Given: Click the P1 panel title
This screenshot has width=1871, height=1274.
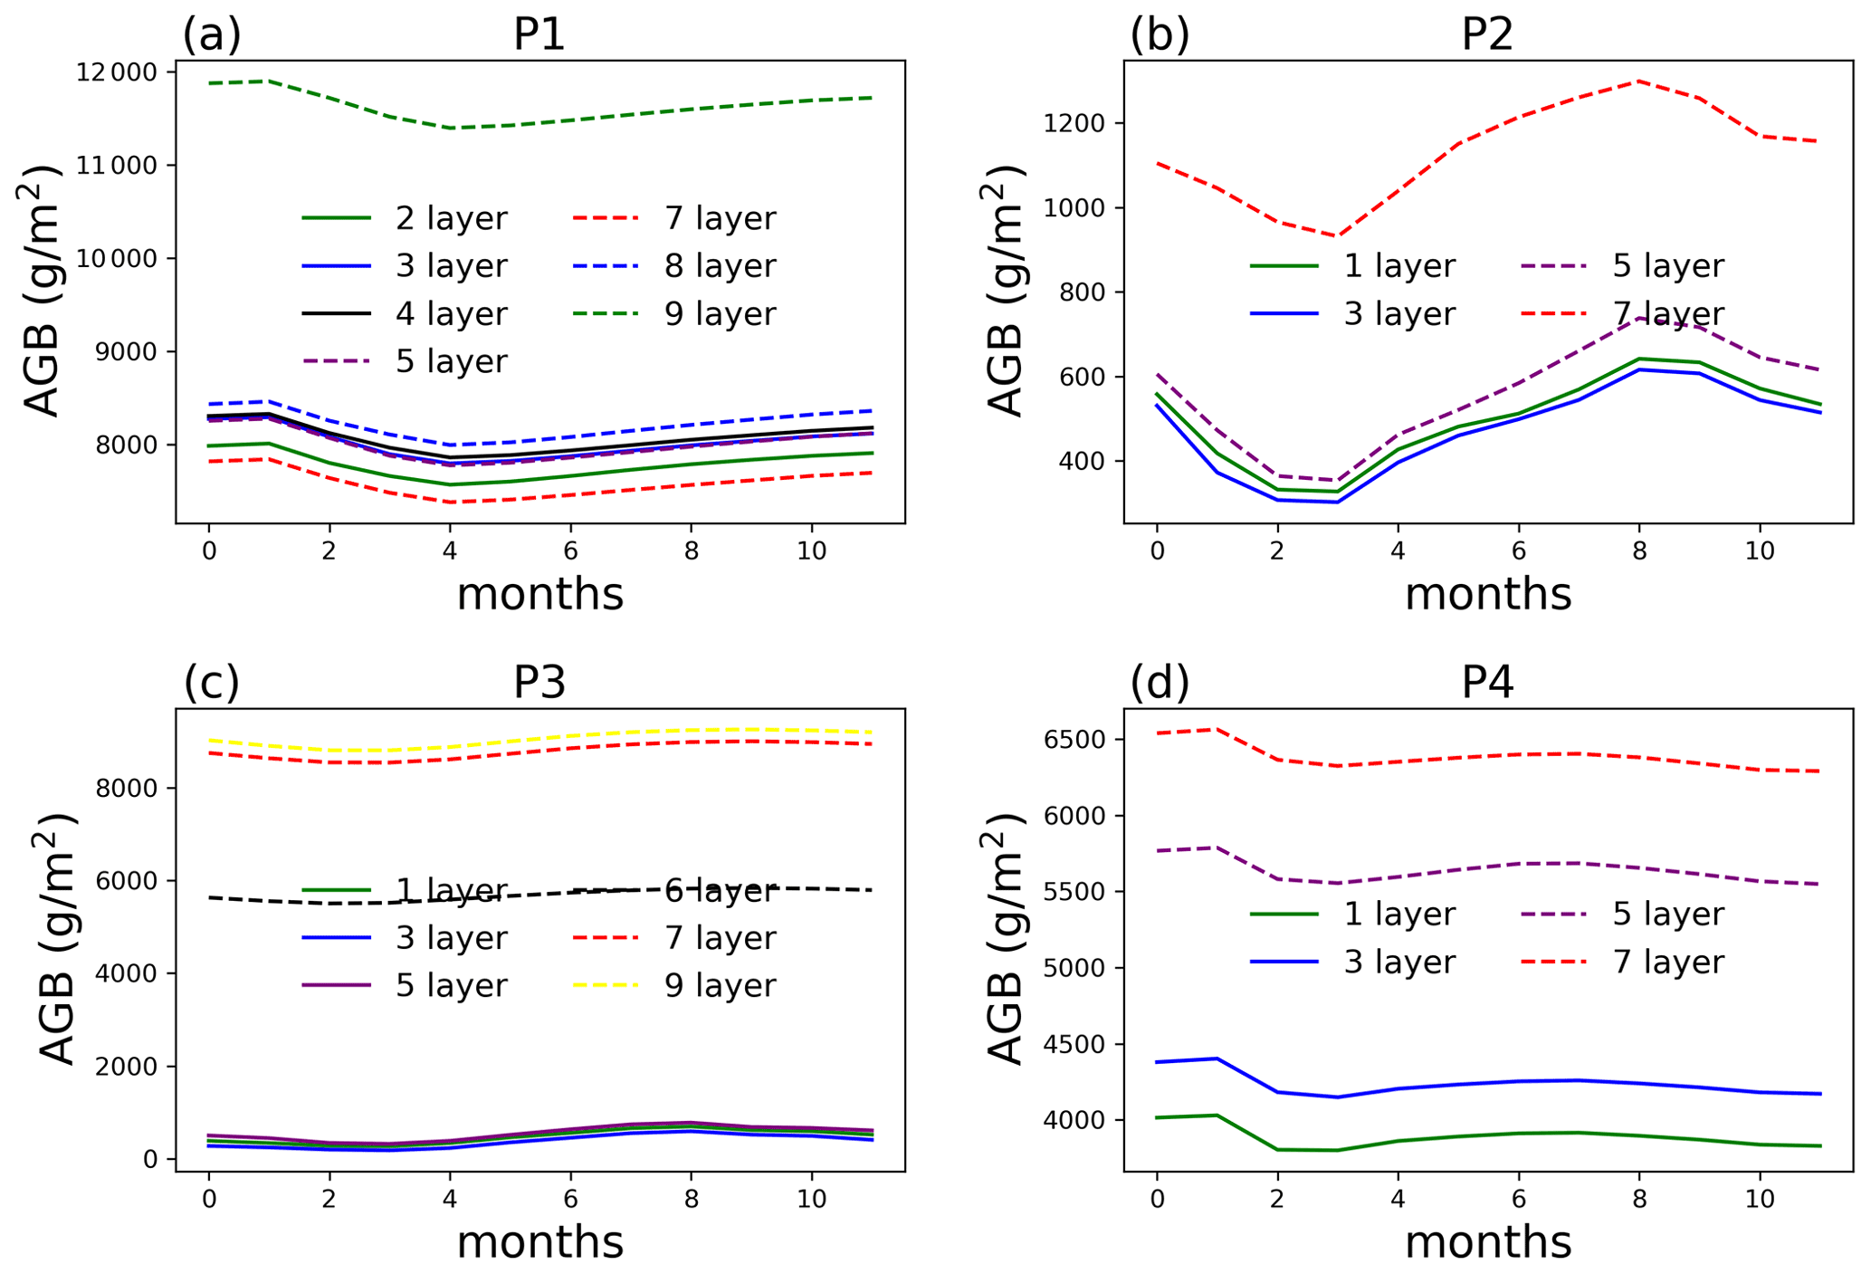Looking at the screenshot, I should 539,34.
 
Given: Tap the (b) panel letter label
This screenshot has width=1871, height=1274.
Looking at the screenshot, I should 1160,34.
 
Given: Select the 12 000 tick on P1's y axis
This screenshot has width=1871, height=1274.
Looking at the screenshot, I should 116,72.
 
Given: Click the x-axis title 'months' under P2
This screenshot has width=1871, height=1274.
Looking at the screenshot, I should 1488,595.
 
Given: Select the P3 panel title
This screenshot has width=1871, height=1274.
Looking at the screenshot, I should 539,683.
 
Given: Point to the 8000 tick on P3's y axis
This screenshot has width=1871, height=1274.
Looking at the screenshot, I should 125,789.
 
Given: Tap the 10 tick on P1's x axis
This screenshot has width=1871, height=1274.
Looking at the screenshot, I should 812,551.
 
